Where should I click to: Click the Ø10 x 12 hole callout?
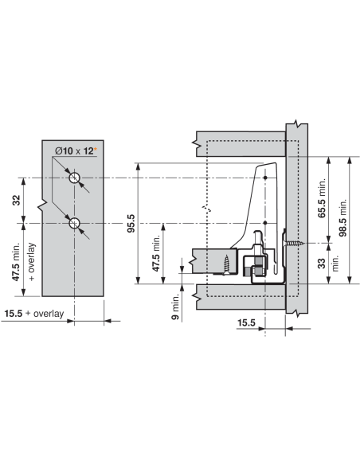(74, 151)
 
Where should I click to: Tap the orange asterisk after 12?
(96, 149)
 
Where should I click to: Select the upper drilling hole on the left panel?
(74, 178)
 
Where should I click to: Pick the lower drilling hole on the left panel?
(74, 223)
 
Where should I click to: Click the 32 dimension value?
(16, 201)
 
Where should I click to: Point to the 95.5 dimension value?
(131, 223)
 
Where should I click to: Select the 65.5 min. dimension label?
(321, 197)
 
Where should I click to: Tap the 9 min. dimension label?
(175, 307)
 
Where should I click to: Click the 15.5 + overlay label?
(34, 314)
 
